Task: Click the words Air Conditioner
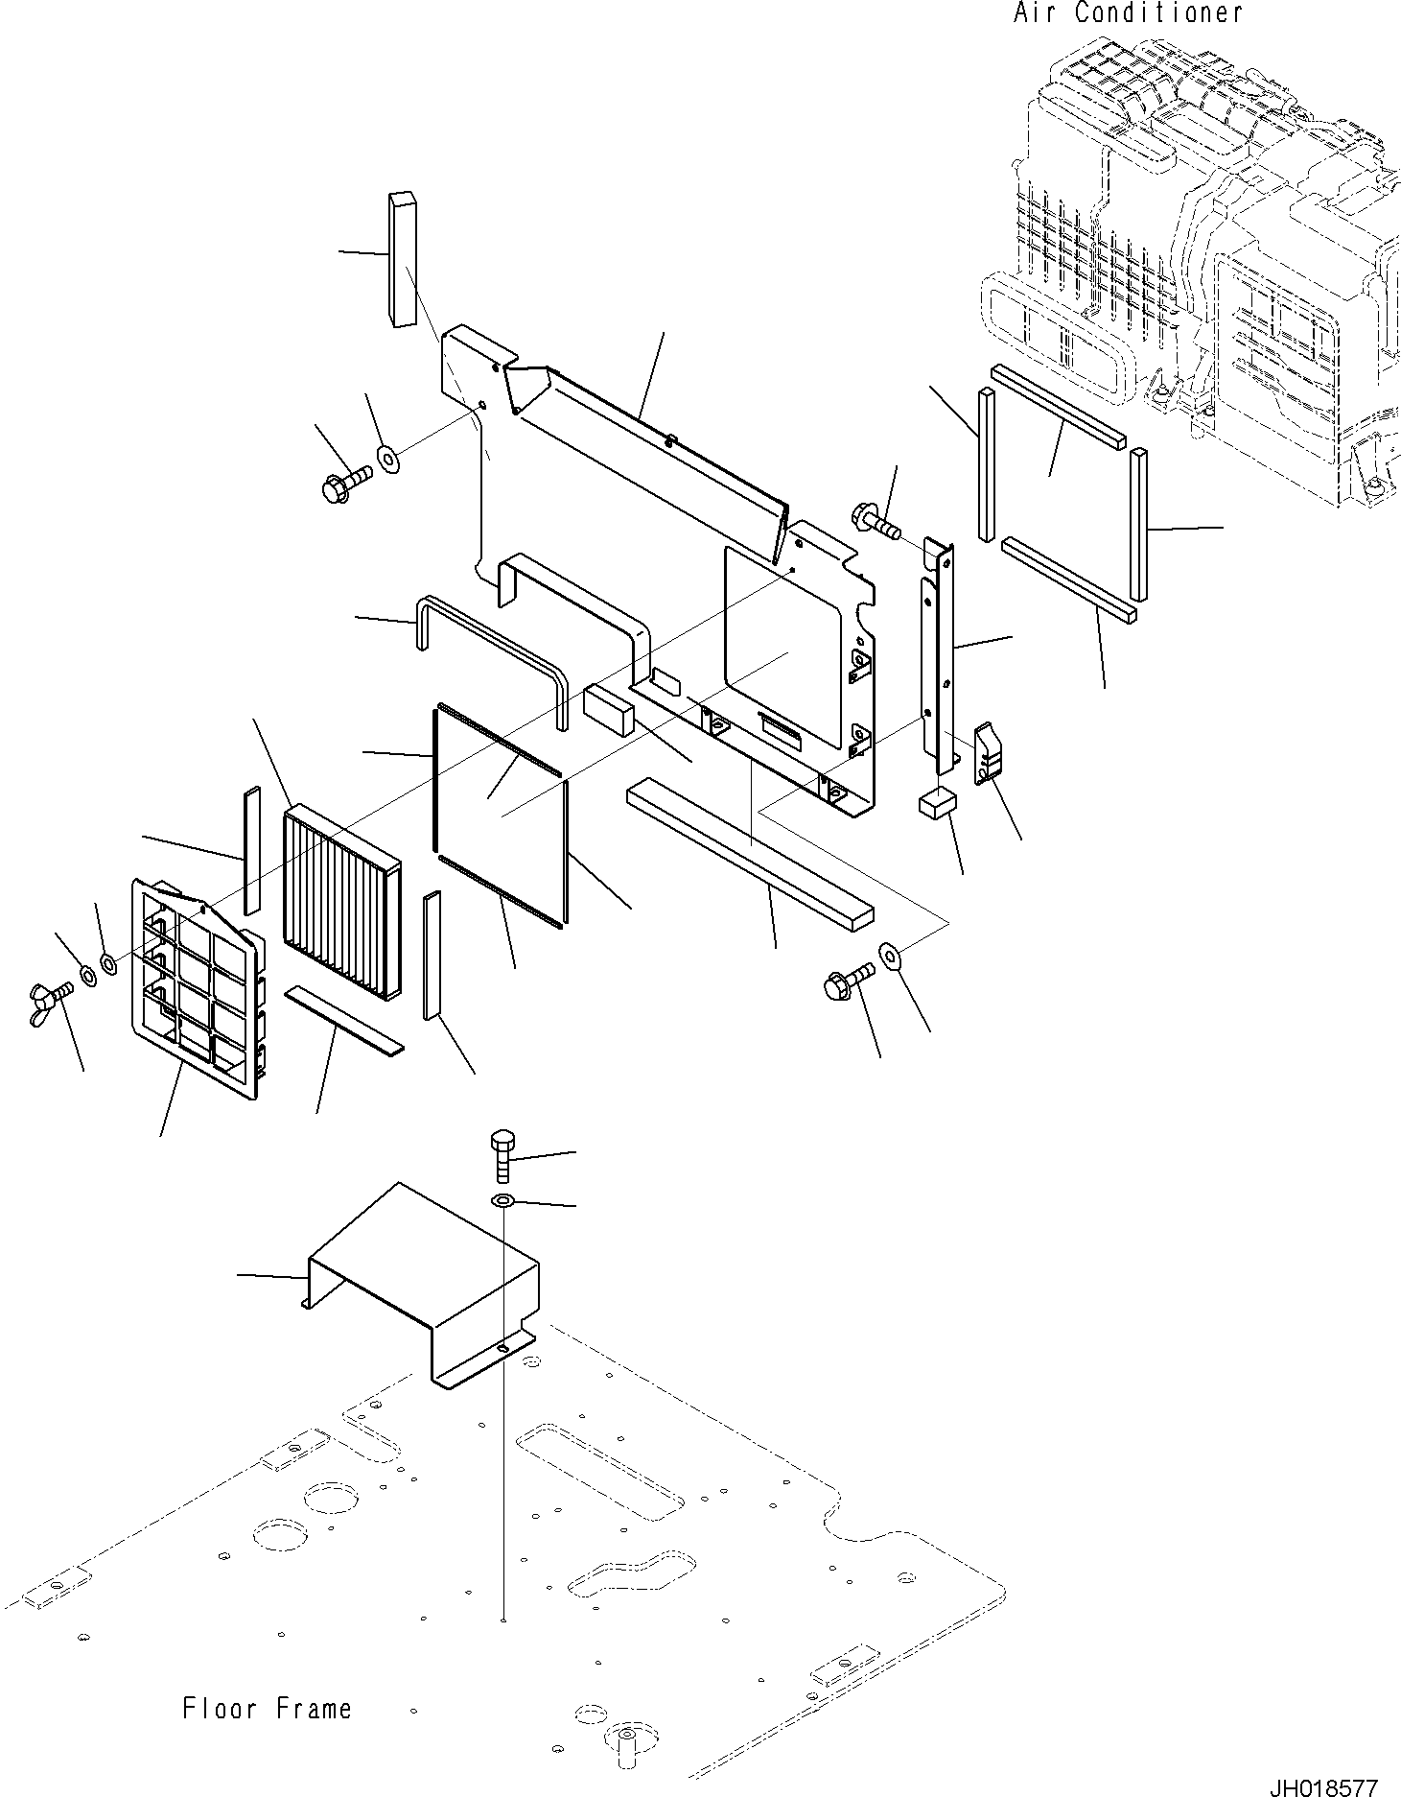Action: pyautogui.click(x=1128, y=13)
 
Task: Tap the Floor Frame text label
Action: pyautogui.click(x=268, y=1708)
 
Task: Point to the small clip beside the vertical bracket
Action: pyautogui.click(x=989, y=754)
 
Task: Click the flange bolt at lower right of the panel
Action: pyautogui.click(x=846, y=982)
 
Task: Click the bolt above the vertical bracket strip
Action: pyautogui.click(x=874, y=519)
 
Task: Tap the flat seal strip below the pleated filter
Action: pyautogui.click(x=344, y=1017)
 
